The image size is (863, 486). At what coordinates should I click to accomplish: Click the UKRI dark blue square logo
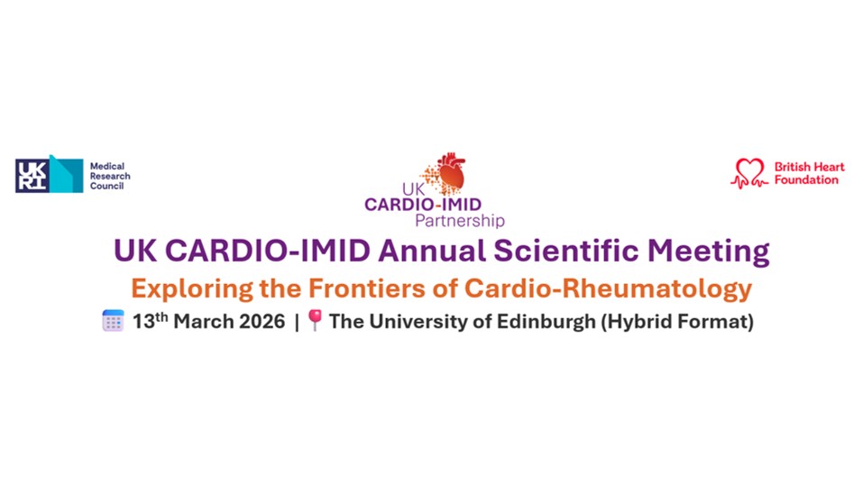pyautogui.click(x=32, y=176)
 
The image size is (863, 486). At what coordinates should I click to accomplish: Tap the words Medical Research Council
pyautogui.click(x=110, y=176)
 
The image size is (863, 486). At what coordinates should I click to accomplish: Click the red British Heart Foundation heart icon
pyautogui.click(x=749, y=173)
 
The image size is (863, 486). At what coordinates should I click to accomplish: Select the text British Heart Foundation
pyautogui.click(x=809, y=173)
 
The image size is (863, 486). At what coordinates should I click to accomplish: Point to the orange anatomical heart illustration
pyautogui.click(x=447, y=173)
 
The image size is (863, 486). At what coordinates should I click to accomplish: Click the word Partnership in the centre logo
pyautogui.click(x=460, y=221)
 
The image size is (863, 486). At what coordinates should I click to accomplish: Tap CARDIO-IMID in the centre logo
pyautogui.click(x=423, y=204)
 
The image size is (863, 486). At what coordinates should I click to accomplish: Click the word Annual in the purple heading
pyautogui.click(x=431, y=251)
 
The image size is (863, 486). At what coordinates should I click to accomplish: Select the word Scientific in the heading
pyautogui.click(x=565, y=251)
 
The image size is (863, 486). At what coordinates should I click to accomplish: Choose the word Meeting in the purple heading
pyautogui.click(x=708, y=252)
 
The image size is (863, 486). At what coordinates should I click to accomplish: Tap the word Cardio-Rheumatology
pyautogui.click(x=608, y=289)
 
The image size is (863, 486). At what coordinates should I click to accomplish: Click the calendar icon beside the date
pyautogui.click(x=114, y=321)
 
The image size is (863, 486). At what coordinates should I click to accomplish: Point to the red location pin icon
pyautogui.click(x=315, y=320)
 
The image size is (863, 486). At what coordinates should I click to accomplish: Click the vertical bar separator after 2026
pyautogui.click(x=297, y=322)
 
